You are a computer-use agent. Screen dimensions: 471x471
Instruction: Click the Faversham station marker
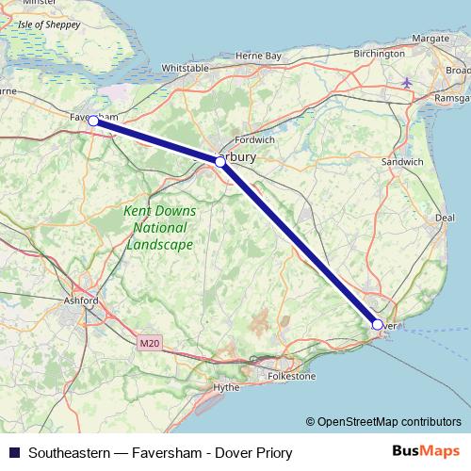pos(94,121)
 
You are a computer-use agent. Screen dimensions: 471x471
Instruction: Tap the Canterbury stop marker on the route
pos(219,162)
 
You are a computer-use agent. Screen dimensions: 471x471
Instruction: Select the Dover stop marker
pos(377,325)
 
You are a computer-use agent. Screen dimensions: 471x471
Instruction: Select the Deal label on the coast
pos(446,218)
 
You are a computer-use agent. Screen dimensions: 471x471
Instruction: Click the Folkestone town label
pos(293,376)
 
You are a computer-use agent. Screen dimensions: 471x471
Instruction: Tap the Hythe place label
pos(227,387)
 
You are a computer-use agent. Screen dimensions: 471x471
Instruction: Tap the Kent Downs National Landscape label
pos(158,228)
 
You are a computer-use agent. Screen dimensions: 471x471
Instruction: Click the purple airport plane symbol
pos(407,81)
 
